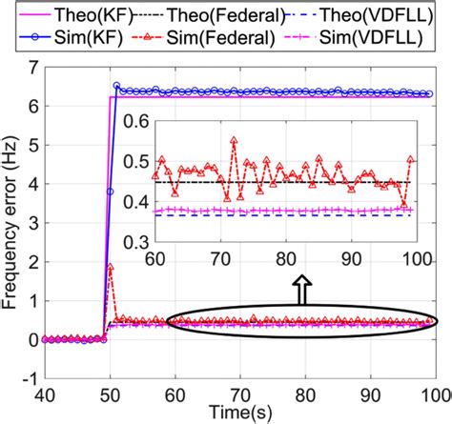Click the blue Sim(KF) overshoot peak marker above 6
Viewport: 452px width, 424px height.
(116, 87)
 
